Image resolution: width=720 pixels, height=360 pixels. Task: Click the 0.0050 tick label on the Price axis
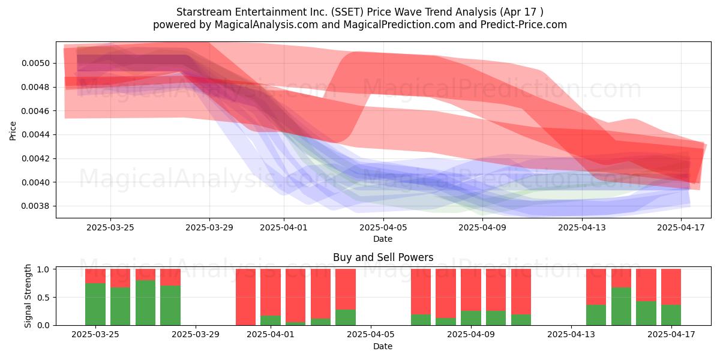click(35, 64)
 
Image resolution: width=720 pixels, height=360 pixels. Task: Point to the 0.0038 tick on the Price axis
click(35, 206)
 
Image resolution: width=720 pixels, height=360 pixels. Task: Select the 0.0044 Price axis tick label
click(35, 134)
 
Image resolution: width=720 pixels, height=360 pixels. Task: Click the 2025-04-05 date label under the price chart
click(383, 227)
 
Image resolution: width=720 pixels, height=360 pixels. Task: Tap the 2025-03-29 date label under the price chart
click(209, 227)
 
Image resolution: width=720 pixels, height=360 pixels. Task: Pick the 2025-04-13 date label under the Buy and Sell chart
click(571, 335)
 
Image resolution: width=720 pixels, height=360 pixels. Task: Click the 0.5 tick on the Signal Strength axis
click(43, 298)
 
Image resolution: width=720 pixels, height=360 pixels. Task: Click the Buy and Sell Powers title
click(383, 257)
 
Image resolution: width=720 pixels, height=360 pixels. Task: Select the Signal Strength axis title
click(28, 296)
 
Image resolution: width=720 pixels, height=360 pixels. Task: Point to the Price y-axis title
click(13, 131)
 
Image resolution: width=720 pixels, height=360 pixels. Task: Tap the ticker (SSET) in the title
click(349, 12)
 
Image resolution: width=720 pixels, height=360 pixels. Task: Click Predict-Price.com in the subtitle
click(524, 25)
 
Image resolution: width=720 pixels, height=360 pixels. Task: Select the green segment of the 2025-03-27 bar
click(146, 302)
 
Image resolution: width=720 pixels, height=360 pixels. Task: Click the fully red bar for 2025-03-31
click(245, 297)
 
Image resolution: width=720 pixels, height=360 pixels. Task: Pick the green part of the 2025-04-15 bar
click(622, 306)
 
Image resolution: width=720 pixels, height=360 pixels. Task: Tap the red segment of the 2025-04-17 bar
click(671, 287)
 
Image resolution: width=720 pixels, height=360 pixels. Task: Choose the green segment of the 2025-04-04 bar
click(346, 317)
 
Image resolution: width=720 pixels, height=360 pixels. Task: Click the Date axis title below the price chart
click(383, 239)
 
